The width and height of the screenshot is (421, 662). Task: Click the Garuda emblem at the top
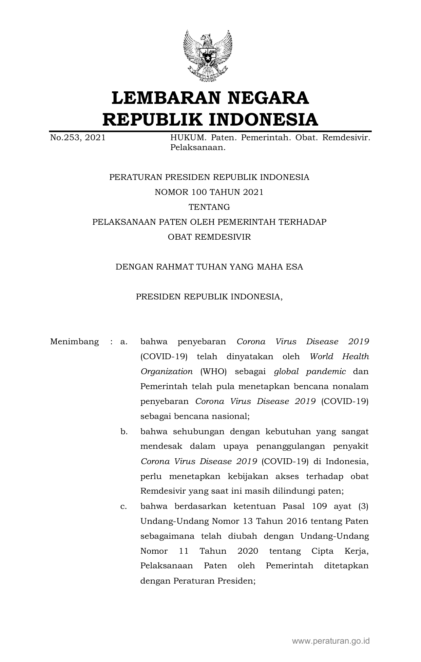(207, 56)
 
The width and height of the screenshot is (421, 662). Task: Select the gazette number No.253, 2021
(78, 137)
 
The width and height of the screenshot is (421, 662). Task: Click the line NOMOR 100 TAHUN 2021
(209, 192)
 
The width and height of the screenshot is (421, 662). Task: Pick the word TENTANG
(209, 207)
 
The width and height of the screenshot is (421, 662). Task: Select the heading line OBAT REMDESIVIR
(209, 237)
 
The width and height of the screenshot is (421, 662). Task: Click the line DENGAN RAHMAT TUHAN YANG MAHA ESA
(209, 267)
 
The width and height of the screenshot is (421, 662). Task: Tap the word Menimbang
(74, 342)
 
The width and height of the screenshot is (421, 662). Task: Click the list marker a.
(124, 342)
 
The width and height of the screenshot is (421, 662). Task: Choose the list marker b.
(124, 431)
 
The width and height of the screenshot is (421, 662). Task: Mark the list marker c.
(124, 507)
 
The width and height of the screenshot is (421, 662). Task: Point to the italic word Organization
(167, 371)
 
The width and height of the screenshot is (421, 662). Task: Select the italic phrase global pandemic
(310, 371)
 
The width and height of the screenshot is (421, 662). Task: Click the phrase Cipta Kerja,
(340, 551)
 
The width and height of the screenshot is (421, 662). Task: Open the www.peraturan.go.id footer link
(331, 641)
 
